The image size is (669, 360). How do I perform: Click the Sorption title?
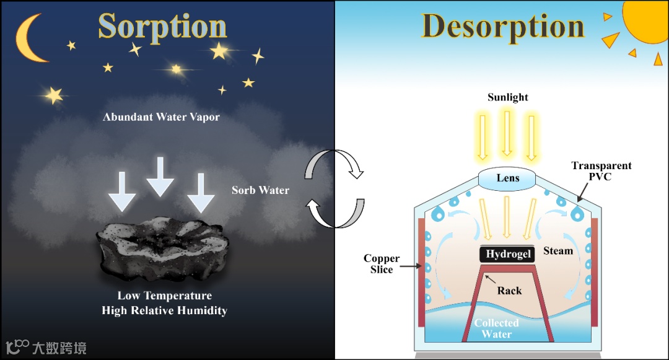(x=162, y=27)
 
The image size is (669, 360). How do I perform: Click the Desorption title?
(x=503, y=27)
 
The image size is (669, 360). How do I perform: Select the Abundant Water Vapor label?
(x=161, y=116)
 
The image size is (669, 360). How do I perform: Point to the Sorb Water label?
(x=260, y=190)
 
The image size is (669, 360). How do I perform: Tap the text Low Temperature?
(x=165, y=296)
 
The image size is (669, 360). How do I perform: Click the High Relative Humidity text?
(x=164, y=310)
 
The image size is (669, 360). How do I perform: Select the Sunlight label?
(x=508, y=97)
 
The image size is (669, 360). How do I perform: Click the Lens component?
(x=508, y=178)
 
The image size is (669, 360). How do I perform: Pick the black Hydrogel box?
(x=508, y=255)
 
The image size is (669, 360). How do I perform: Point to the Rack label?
(x=509, y=291)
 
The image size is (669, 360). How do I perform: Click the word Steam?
(x=558, y=251)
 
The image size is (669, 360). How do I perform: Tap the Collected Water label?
(x=497, y=328)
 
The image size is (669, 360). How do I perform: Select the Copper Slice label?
(x=382, y=264)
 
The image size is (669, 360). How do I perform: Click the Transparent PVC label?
(x=601, y=171)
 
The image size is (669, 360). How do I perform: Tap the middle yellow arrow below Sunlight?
(x=507, y=134)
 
